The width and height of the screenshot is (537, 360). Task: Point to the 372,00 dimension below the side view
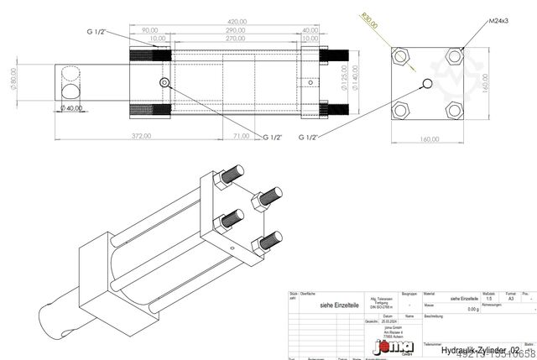(141, 135)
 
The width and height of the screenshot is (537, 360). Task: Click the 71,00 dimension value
(242, 135)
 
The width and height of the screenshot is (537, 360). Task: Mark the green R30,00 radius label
(367, 20)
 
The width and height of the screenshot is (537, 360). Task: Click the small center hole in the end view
(430, 82)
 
